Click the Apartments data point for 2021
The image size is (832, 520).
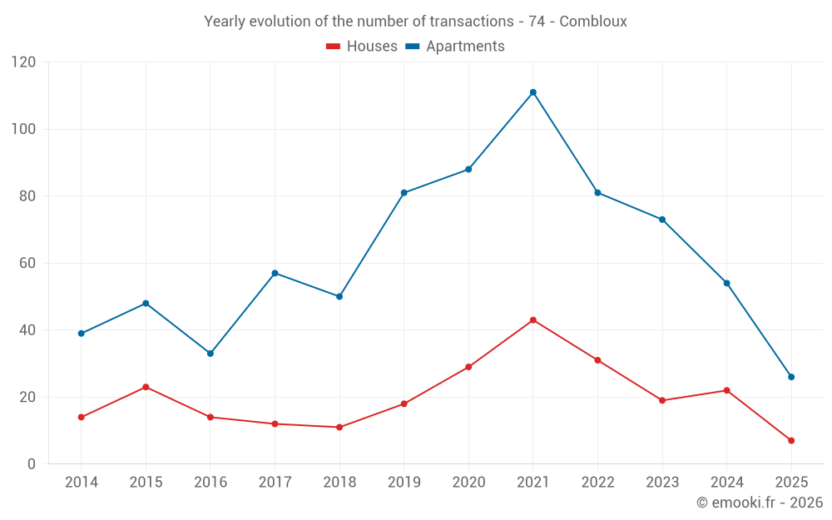point(533,92)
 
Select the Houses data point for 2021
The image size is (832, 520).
point(533,320)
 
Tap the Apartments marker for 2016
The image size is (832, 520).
point(210,354)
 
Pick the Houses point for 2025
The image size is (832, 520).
point(791,440)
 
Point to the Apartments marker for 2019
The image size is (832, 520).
point(404,193)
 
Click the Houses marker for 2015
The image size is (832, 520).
point(146,387)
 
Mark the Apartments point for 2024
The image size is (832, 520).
point(726,283)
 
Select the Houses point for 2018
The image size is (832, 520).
point(339,427)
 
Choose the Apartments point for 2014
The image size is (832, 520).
point(82,334)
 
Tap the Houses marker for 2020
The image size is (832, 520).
point(468,367)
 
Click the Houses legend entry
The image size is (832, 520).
point(362,47)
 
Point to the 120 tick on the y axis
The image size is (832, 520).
point(24,62)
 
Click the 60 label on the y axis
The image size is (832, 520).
point(28,263)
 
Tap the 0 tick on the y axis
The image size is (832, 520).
point(32,464)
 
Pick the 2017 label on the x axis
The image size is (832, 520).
point(275,483)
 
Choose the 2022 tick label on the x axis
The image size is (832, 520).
point(597,483)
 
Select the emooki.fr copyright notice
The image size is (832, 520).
point(759,503)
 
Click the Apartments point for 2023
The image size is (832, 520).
point(662,220)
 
